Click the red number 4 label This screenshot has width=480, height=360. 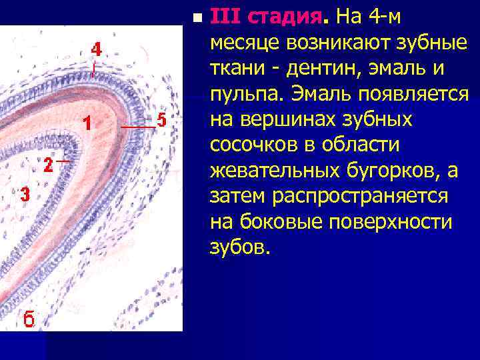[96, 50]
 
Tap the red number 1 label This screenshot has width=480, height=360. [87, 123]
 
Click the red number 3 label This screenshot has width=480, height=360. [25, 195]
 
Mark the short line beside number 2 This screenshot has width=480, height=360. [63, 161]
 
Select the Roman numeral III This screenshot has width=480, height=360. [223, 16]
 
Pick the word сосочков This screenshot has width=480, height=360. [251, 145]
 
